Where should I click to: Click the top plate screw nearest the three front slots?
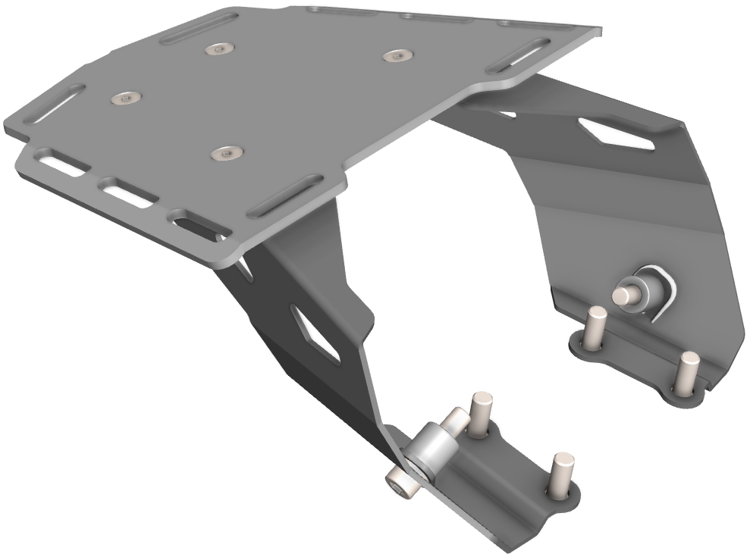pyautogui.click(x=225, y=154)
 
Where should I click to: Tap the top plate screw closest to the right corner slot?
pyautogui.click(x=397, y=55)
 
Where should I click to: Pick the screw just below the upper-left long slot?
pyautogui.click(x=218, y=49)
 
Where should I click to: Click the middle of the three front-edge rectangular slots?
pyautogui.click(x=127, y=193)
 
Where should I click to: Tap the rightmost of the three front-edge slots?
pyautogui.click(x=196, y=225)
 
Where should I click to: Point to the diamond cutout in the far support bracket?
pyautogui.click(x=616, y=133)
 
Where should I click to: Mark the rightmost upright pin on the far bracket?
pyautogui.click(x=688, y=371)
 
